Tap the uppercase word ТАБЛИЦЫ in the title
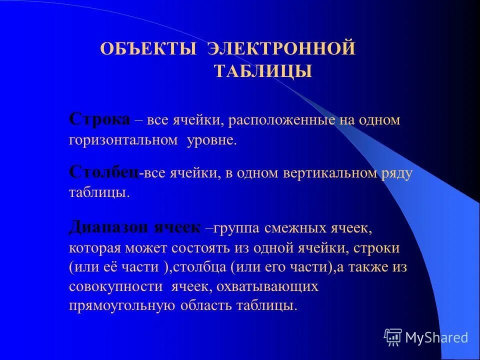pyautogui.click(x=263, y=71)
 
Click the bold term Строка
pyautogui.click(x=99, y=120)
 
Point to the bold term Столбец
pyautogui.click(x=103, y=173)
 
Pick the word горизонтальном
pyautogui.click(x=123, y=140)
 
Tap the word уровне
pyautogui.click(x=211, y=140)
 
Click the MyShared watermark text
pyautogui.click(x=436, y=337)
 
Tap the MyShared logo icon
pyautogui.click(x=393, y=337)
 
